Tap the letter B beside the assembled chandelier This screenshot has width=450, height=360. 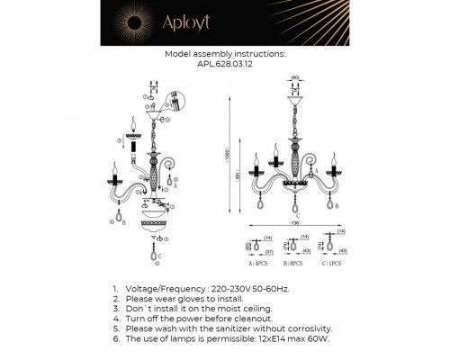coord(336,206)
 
